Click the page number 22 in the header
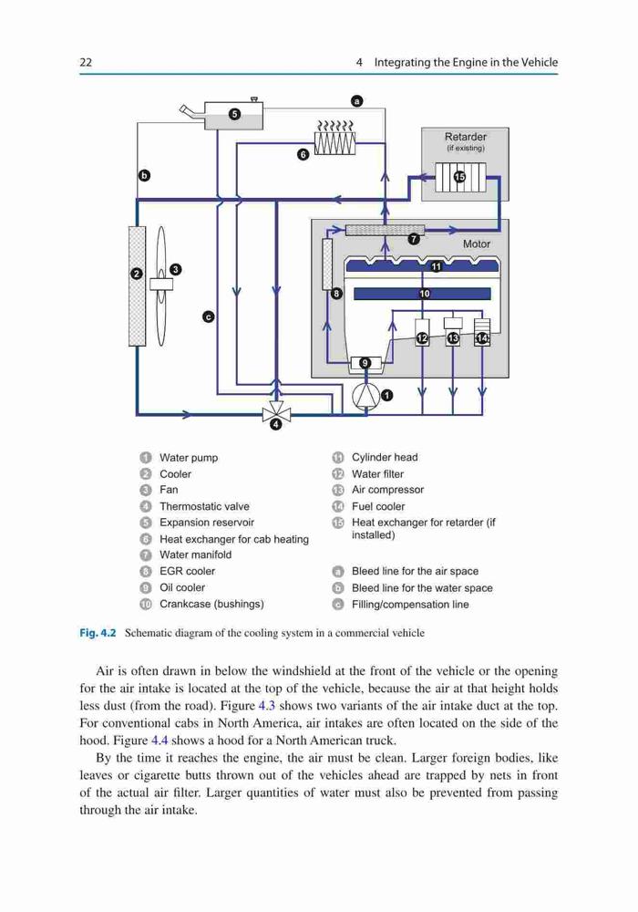point(86,62)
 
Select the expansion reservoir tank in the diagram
point(233,115)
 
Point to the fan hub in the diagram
point(161,284)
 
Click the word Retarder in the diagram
point(466,137)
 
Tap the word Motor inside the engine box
point(477,244)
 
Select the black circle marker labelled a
point(357,100)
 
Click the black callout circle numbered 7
point(414,238)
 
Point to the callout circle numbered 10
point(425,294)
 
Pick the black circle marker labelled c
point(209,316)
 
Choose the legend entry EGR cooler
point(187,571)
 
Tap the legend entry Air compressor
point(387,490)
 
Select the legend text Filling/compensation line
point(410,605)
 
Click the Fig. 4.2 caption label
point(98,633)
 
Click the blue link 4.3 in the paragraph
point(267,706)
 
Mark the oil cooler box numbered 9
point(365,364)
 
